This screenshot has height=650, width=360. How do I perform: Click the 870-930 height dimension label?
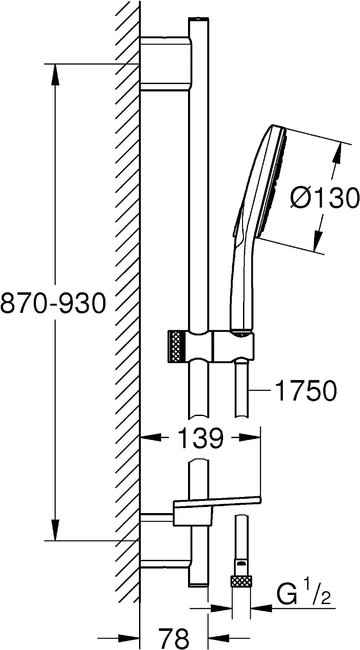pos(53,302)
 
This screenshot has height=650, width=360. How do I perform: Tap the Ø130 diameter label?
pos(324,198)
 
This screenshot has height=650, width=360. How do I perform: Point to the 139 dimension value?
pos(200,438)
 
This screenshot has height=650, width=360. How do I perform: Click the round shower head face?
pos(276,183)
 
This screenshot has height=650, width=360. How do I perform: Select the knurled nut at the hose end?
pos(241,582)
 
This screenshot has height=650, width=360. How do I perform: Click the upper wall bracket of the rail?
pos(165,64)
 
